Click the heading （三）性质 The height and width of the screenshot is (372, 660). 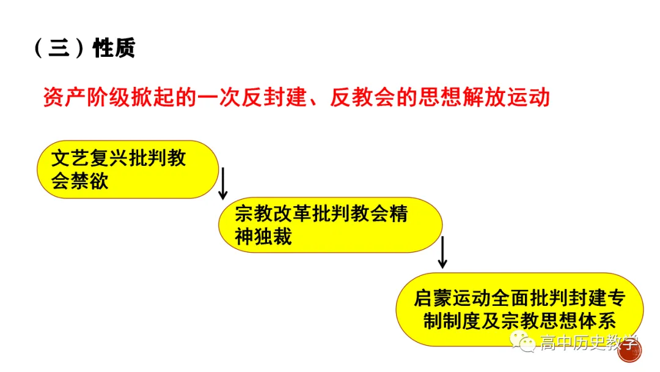click(x=84, y=48)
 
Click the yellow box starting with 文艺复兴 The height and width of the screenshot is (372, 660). click(x=127, y=169)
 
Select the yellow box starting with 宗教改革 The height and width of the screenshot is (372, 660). click(x=330, y=225)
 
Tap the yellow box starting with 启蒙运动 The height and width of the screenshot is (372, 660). click(x=519, y=310)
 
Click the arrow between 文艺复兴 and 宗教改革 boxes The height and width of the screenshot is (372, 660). click(x=223, y=183)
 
